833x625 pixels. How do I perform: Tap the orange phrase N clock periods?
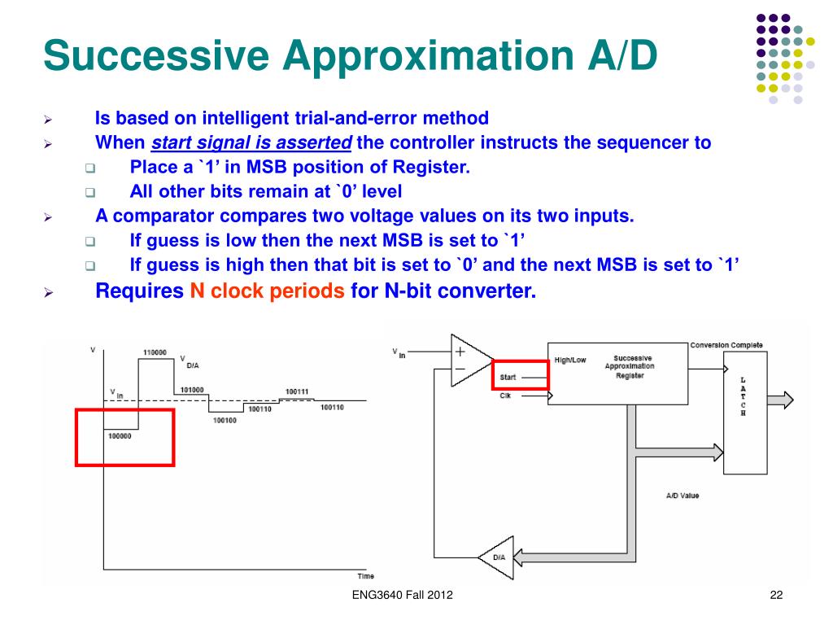click(x=268, y=291)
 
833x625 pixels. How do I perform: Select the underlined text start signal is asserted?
click(x=251, y=143)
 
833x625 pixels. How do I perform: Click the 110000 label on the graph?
click(x=155, y=352)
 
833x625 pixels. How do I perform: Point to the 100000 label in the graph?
click(x=120, y=436)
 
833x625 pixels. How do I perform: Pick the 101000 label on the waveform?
click(x=192, y=390)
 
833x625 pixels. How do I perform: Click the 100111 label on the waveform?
click(x=297, y=391)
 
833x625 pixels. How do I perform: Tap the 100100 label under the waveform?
click(x=225, y=420)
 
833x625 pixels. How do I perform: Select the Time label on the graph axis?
click(x=366, y=576)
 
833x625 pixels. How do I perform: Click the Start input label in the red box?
click(x=508, y=377)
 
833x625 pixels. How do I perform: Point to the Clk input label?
click(x=506, y=396)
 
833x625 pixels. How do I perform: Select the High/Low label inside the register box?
click(x=569, y=360)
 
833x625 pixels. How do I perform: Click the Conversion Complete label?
click(x=726, y=345)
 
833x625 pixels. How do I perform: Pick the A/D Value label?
click(x=682, y=496)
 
